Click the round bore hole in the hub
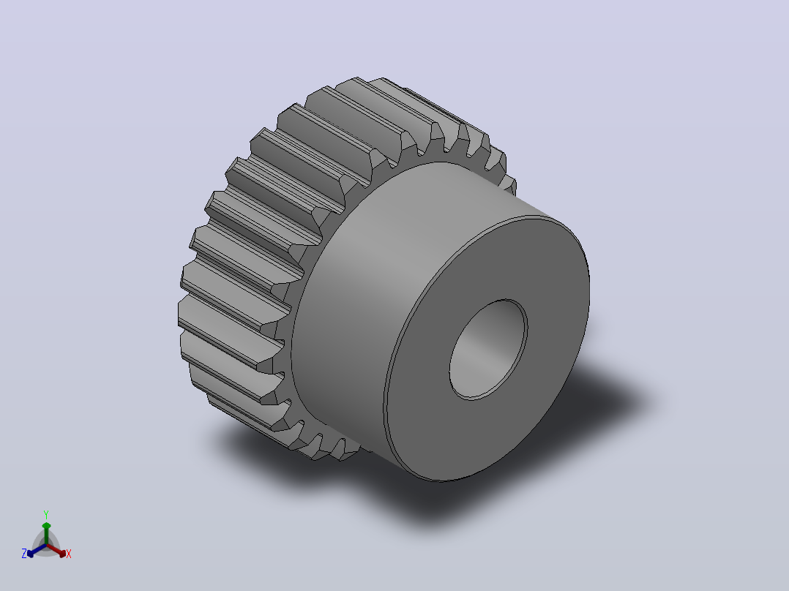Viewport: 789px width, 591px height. pos(488,350)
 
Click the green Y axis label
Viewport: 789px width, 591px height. pos(46,514)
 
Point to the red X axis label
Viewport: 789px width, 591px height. pos(69,554)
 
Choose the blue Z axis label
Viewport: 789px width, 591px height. pos(23,553)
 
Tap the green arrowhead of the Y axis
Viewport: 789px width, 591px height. pos(46,526)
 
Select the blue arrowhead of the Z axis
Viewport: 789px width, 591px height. pos(31,553)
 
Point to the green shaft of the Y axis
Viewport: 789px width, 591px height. pos(46,537)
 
